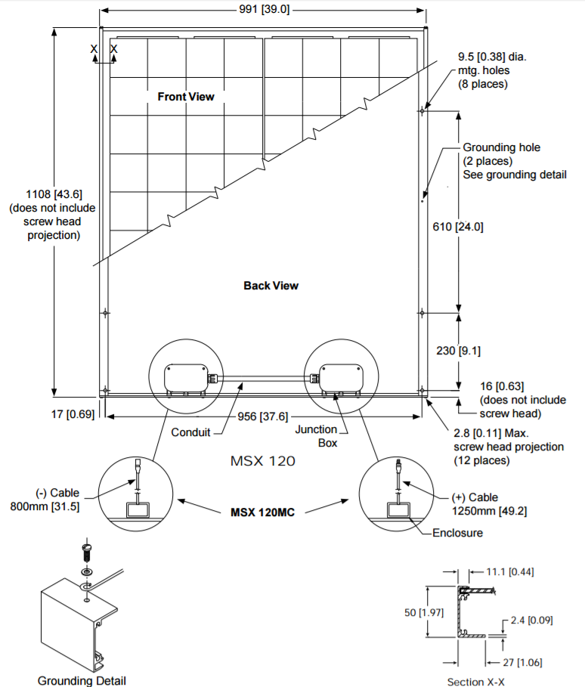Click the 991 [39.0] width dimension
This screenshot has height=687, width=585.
[262, 10]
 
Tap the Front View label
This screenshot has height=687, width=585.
[185, 97]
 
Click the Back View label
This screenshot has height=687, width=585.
[271, 286]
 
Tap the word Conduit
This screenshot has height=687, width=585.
[190, 433]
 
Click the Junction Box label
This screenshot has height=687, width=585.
[316, 436]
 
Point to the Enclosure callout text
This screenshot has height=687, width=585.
[457, 533]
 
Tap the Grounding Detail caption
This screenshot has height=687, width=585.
[82, 681]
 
